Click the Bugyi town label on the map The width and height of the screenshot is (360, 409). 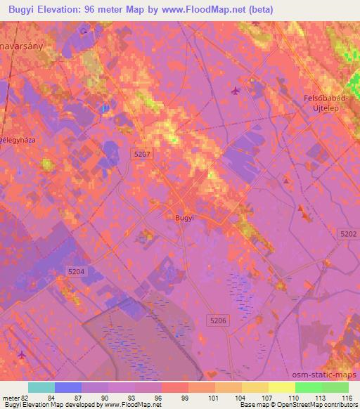183,218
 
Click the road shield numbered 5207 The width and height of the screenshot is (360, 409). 141,152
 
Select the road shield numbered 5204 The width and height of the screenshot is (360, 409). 77,271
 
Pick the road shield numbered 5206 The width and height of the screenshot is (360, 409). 218,320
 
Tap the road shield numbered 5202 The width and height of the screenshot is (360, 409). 347,233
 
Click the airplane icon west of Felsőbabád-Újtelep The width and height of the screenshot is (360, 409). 235,90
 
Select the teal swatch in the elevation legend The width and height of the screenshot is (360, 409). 41,387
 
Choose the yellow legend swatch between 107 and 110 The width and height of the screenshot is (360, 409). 281,387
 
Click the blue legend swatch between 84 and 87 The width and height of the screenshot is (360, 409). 68,387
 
